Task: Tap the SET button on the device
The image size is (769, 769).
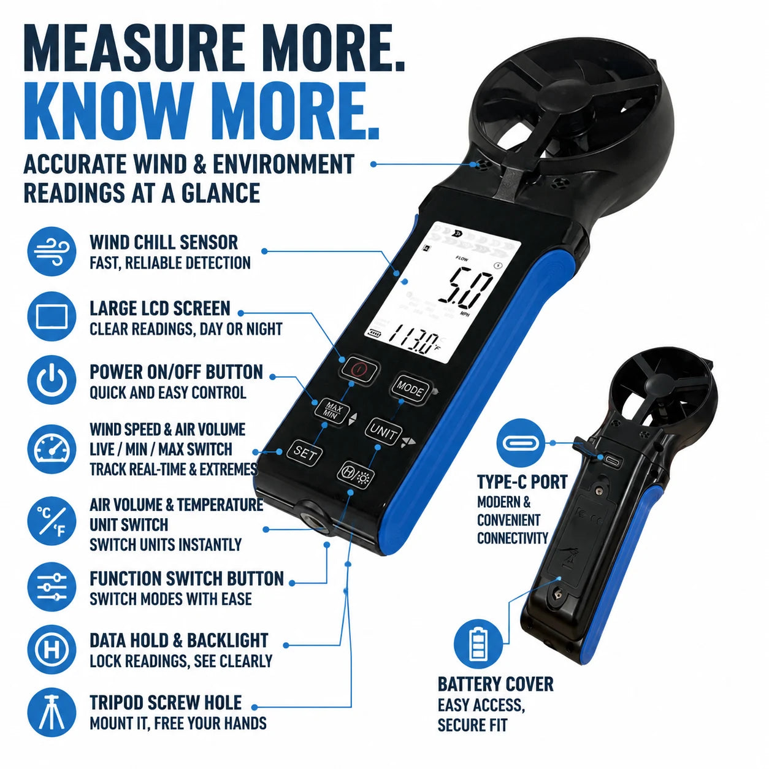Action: click(305, 453)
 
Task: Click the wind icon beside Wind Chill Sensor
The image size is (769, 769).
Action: click(52, 251)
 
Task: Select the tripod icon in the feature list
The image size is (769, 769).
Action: click(52, 713)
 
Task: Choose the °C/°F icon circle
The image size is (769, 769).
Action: click(52, 521)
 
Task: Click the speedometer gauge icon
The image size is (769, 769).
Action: click(52, 450)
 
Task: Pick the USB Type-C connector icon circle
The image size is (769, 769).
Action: click(521, 443)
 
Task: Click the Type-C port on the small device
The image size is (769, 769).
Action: click(613, 460)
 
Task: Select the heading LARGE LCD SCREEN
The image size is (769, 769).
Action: click(160, 308)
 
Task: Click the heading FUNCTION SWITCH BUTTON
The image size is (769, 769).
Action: click(187, 579)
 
